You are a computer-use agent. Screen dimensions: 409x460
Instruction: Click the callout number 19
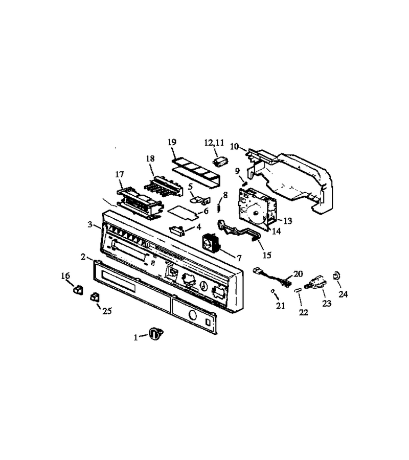pos(172,142)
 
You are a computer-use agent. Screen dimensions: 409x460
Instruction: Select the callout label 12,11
pos(214,143)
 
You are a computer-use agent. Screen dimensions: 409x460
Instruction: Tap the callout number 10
pos(235,146)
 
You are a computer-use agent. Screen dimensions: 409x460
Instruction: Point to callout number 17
pos(120,175)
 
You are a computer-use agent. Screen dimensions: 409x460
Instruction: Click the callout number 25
pos(107,311)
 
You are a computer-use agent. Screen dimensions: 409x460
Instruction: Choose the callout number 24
pos(343,294)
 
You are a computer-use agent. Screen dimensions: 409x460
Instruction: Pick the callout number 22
pos(303,312)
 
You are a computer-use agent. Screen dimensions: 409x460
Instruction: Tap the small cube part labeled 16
pos(78,290)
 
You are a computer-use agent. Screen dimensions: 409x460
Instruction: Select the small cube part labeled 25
pos(95,297)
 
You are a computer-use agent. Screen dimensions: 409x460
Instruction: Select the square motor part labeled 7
pos(211,242)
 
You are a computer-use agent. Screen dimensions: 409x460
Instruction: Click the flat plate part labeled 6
pos(183,212)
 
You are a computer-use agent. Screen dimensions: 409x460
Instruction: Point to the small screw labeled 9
pos(244,183)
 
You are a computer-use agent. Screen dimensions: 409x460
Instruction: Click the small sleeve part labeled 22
pos(298,290)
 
